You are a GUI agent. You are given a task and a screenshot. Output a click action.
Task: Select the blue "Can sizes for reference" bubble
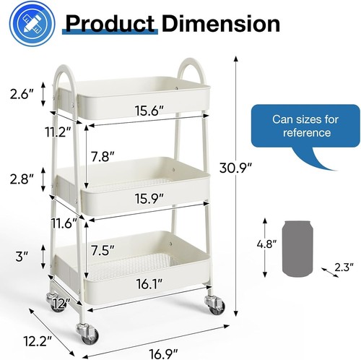click(301, 127)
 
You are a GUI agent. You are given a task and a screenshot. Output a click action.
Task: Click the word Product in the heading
click(109, 23)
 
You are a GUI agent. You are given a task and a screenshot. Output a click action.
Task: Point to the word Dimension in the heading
click(221, 23)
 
